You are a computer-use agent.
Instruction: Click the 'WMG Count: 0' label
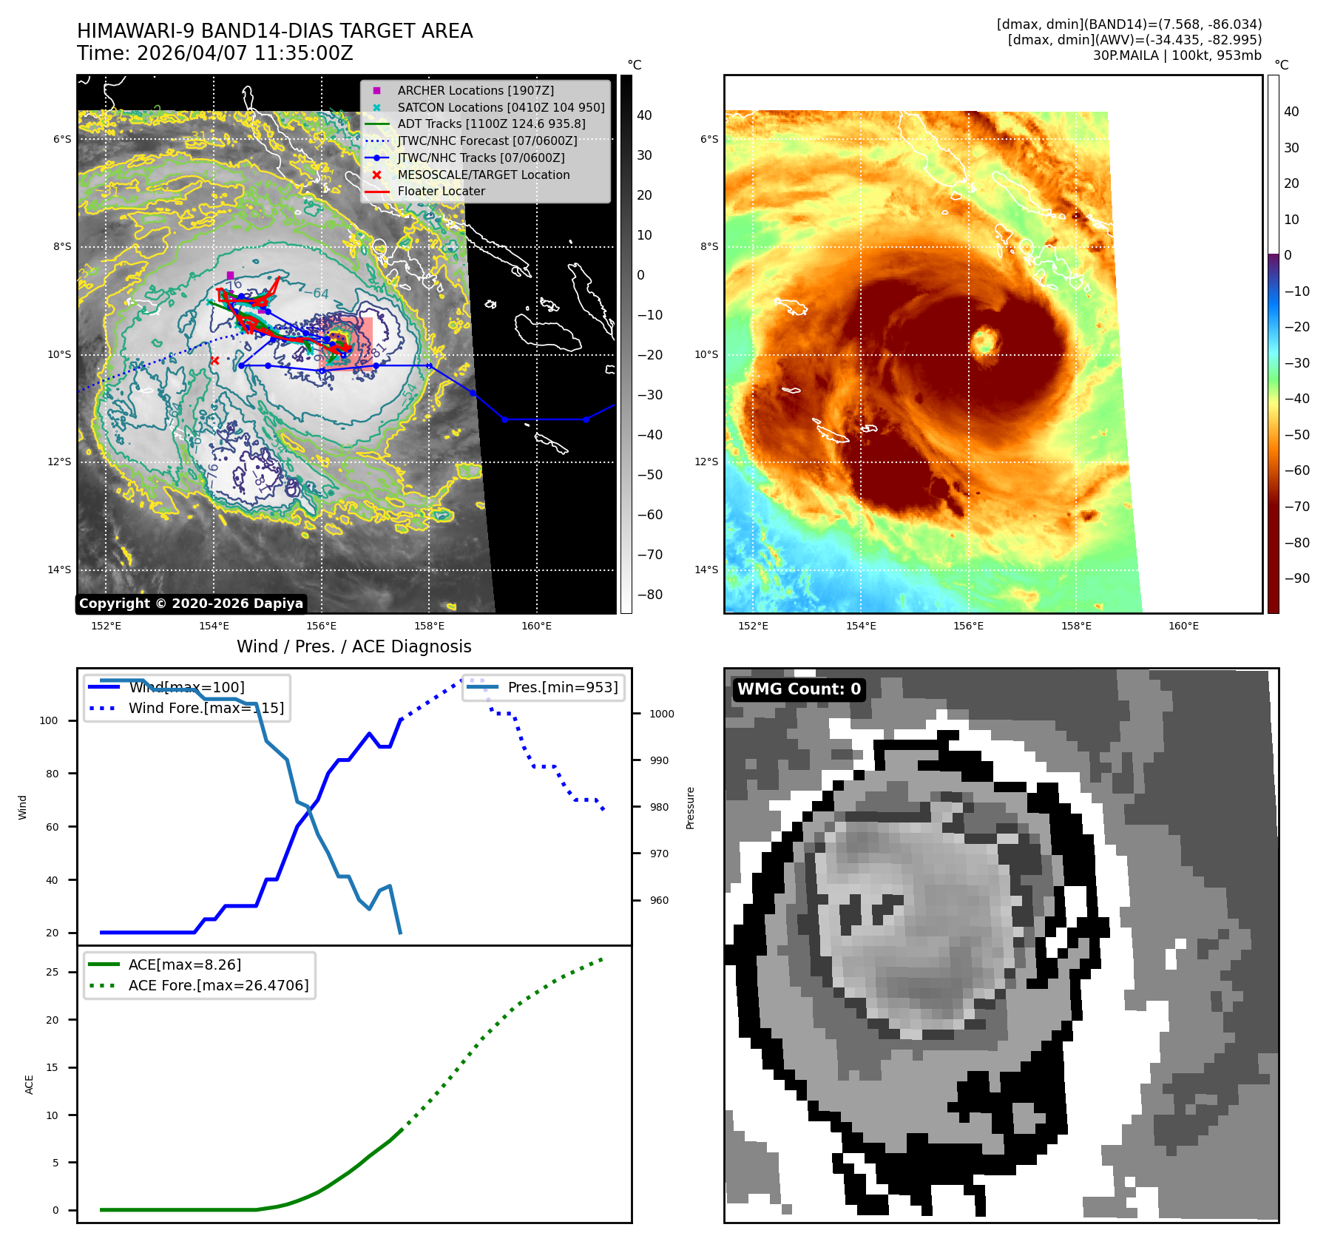point(799,689)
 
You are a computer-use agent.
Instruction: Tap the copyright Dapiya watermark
point(191,604)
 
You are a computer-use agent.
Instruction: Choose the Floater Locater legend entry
point(441,191)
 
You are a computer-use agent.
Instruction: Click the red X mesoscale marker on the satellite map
point(214,361)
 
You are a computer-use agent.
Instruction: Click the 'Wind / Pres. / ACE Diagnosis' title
point(354,646)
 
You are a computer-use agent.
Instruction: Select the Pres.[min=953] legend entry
point(562,687)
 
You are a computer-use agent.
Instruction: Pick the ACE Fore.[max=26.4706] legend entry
point(218,985)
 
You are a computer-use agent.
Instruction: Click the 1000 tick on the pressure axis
point(662,714)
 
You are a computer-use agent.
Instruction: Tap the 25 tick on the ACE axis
point(52,972)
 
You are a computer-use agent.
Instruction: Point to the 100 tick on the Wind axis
point(49,720)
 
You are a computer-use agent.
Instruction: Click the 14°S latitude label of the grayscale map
point(60,570)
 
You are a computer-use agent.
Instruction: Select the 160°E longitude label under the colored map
point(1183,626)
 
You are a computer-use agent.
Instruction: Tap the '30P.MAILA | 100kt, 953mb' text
point(1177,55)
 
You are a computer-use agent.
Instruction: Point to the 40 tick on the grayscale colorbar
point(644,115)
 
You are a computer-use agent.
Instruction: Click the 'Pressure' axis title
point(690,808)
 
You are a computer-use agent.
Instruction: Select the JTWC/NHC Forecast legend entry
point(487,141)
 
